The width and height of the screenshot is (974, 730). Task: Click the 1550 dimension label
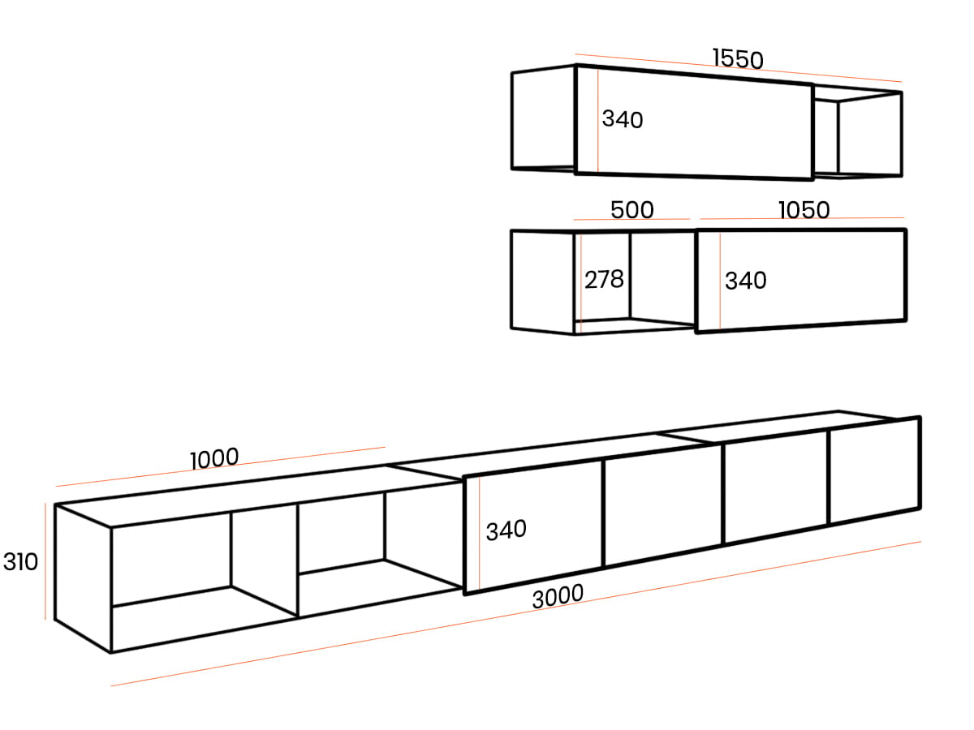[738, 58]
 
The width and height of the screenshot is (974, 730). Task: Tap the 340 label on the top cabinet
[623, 119]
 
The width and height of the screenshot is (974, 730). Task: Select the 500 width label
[631, 209]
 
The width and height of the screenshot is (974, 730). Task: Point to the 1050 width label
[804, 209]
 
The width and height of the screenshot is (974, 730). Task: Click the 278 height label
[604, 279]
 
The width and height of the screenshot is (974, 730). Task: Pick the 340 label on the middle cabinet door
[745, 281]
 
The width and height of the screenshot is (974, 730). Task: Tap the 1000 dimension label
[214, 458]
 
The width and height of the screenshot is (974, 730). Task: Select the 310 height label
[20, 561]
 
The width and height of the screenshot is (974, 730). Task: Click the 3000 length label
[558, 595]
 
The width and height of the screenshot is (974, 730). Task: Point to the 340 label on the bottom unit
[506, 530]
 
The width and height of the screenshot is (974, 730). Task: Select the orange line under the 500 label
[631, 219]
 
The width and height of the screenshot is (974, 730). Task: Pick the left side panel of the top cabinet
[543, 119]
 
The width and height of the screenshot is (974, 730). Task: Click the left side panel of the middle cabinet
[542, 281]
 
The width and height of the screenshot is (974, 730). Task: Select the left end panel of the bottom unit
[82, 578]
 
